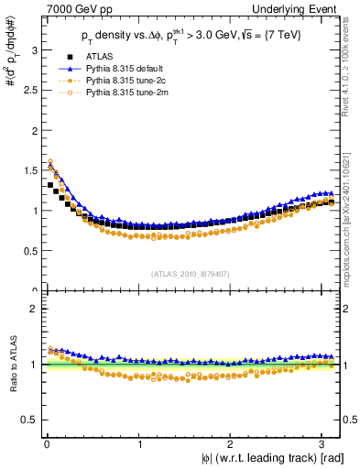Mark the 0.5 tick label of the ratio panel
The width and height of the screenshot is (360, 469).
coord(27,420)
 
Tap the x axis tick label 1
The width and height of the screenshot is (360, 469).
coord(139,444)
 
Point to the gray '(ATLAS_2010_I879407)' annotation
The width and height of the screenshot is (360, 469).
coord(190,274)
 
